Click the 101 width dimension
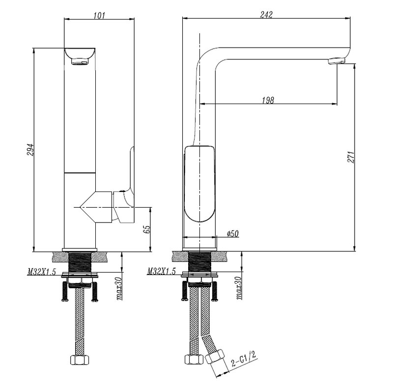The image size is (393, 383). [x=99, y=15]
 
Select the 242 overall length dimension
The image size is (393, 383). [x=266, y=15]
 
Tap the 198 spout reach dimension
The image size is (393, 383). [x=268, y=100]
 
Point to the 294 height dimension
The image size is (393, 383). [x=29, y=149]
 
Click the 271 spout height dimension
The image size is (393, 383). [x=350, y=157]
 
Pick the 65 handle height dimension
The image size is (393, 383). [x=146, y=229]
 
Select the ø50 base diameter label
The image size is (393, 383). [x=232, y=234]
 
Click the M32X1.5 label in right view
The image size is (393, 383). [x=161, y=271]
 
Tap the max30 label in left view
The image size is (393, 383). [x=119, y=288]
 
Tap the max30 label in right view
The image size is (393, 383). [x=238, y=288]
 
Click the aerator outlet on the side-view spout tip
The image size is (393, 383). [x=337, y=61]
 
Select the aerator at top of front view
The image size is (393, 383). [x=80, y=61]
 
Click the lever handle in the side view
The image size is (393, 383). [x=199, y=184]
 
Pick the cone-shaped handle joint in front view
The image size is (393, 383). [x=96, y=207]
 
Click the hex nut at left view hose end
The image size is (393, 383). [x=80, y=360]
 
